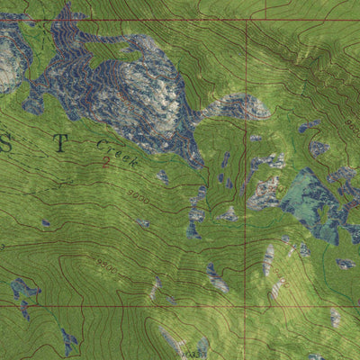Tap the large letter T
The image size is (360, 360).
[59, 141]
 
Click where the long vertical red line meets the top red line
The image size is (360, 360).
[246, 20]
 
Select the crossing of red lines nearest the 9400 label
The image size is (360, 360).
[246, 306]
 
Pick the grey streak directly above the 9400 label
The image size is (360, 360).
[269, 258]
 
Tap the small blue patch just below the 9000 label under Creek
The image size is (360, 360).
[143, 223]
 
